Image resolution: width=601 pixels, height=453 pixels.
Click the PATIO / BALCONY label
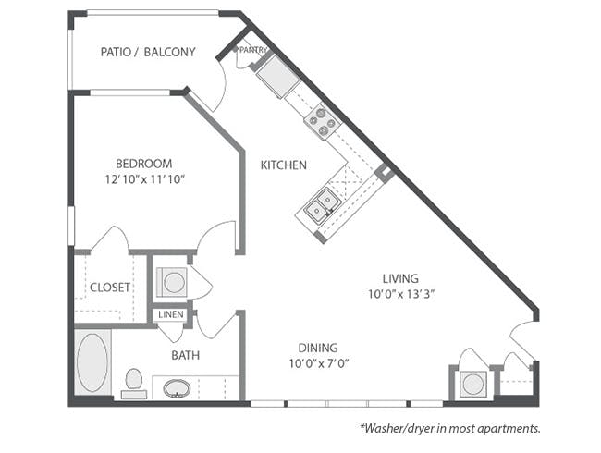(x=148, y=52)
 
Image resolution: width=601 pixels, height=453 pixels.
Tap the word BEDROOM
(x=143, y=164)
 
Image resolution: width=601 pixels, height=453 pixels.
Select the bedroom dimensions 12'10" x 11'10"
(x=145, y=179)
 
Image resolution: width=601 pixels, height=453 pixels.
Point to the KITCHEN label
(x=284, y=165)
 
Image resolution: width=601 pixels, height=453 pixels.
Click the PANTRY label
(x=253, y=50)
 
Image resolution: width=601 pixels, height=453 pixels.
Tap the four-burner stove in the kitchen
(x=323, y=121)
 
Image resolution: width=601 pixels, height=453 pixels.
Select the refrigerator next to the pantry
(x=278, y=76)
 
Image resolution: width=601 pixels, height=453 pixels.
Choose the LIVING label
(x=400, y=278)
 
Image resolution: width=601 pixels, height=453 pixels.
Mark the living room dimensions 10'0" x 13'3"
(x=401, y=294)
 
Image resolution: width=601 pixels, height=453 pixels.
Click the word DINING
(x=318, y=348)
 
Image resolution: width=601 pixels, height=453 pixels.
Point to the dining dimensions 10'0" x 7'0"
(x=319, y=363)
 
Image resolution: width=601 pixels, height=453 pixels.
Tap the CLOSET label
(x=110, y=287)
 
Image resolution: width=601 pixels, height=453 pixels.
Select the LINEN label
(x=171, y=314)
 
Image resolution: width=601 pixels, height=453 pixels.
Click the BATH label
(x=186, y=355)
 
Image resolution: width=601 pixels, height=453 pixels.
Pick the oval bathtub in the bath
(x=92, y=362)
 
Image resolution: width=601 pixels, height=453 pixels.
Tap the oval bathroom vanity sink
(x=177, y=388)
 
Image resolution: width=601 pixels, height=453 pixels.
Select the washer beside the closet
(x=173, y=282)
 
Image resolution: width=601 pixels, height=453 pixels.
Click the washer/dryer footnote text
(x=450, y=428)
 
